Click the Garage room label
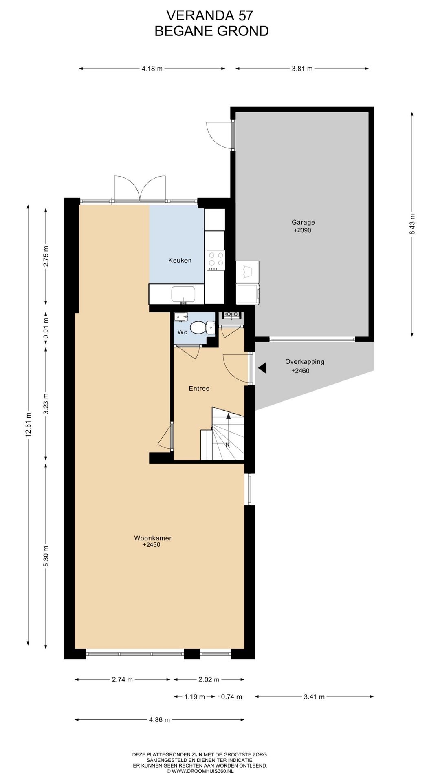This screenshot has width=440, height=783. [x=303, y=222]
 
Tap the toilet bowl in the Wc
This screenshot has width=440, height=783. [x=198, y=327]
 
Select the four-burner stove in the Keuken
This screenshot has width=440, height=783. [x=216, y=260]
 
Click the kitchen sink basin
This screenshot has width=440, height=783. [x=183, y=294]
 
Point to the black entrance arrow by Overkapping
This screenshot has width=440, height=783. [x=262, y=368]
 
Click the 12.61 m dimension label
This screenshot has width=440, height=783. [x=28, y=425]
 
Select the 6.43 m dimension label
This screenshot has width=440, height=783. [x=412, y=224]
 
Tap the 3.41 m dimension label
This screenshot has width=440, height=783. [x=314, y=697]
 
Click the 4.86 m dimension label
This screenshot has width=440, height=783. [x=159, y=719]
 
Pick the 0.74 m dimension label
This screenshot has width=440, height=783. [x=231, y=697]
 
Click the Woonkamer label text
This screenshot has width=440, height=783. [x=153, y=538]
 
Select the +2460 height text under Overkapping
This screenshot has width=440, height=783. [x=300, y=371]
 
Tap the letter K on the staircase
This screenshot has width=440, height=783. [x=228, y=445]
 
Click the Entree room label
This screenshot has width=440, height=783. [x=199, y=388]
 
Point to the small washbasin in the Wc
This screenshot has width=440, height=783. [x=180, y=316]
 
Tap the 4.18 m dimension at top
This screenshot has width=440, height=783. [x=152, y=69]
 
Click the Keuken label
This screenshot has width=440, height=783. [x=180, y=260]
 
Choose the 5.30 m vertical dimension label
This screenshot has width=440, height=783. [x=46, y=556]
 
